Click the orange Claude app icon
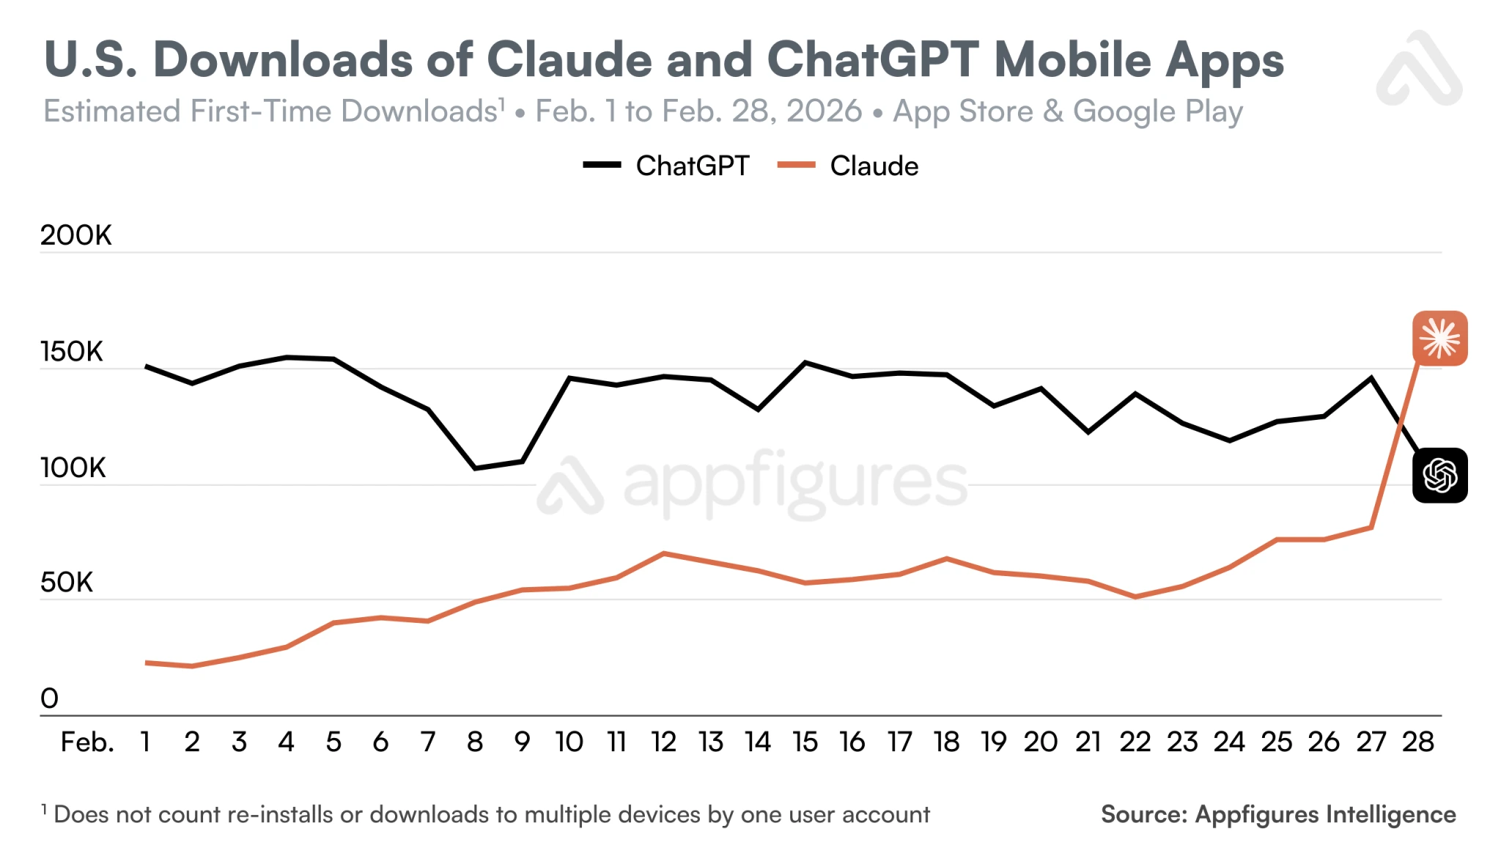click(1439, 338)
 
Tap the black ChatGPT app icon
click(1439, 475)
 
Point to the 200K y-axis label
click(75, 235)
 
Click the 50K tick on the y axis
click(67, 583)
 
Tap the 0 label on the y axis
click(49, 698)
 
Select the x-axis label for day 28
click(1417, 742)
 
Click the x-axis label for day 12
click(663, 742)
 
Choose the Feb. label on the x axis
click(87, 742)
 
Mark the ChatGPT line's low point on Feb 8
click(475, 468)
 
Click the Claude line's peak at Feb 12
click(663, 553)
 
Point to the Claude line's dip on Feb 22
click(1135, 597)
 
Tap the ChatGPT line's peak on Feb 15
click(805, 362)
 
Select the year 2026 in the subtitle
click(824, 111)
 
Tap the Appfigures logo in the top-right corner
click(1419, 69)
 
